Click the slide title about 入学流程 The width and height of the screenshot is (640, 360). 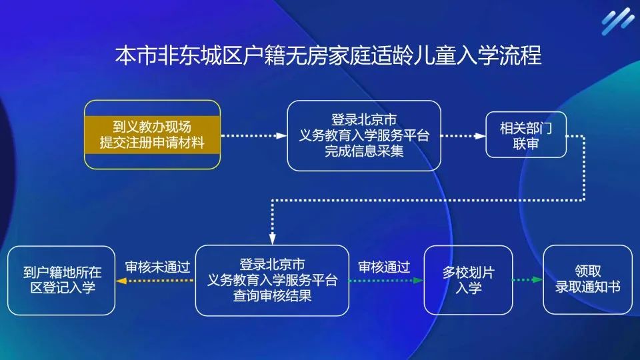point(328,55)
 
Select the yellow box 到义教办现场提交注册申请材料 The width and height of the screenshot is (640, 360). point(152,135)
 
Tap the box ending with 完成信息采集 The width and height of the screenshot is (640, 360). point(364,135)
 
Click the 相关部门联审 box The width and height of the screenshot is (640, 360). point(526,135)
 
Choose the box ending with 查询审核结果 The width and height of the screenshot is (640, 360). point(272,280)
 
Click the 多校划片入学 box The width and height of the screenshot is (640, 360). point(468,280)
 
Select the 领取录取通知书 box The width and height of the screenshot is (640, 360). point(587,280)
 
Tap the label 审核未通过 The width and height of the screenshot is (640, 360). point(158,267)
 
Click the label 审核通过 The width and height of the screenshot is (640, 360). point(383,267)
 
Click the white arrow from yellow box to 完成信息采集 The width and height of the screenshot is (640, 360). point(253,135)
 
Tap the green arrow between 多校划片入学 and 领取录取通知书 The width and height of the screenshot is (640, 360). point(527,280)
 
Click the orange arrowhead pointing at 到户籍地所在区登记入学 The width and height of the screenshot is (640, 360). point(121,281)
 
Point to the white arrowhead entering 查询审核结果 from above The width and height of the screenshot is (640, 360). point(272,239)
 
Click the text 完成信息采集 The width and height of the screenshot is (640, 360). point(364,151)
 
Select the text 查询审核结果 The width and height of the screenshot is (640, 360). point(272,296)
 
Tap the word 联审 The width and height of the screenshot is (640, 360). point(526,143)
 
